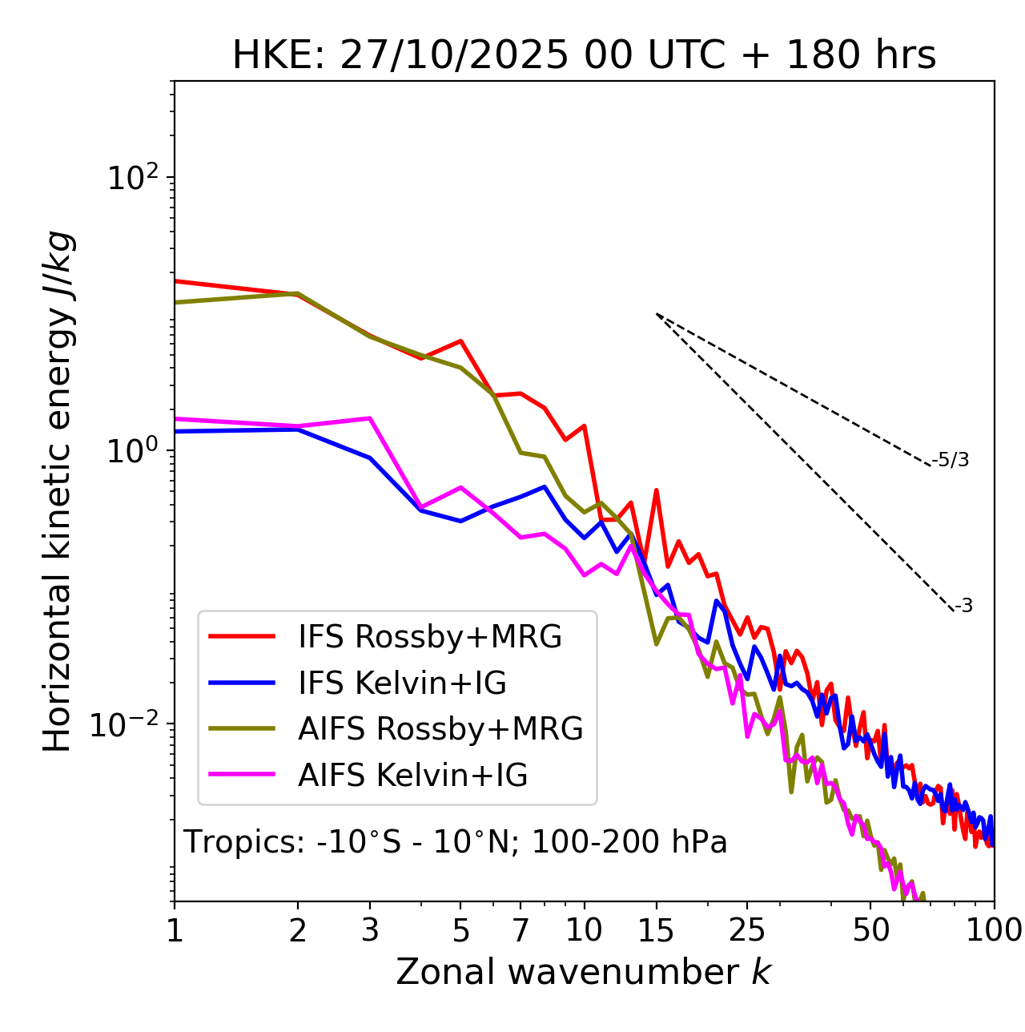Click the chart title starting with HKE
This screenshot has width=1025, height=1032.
click(584, 56)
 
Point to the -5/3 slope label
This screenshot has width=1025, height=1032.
click(951, 460)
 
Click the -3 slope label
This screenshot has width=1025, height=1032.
click(963, 606)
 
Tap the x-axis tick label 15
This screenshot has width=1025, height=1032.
click(656, 930)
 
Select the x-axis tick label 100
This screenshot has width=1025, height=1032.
click(995, 930)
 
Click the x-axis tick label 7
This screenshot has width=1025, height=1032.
click(521, 930)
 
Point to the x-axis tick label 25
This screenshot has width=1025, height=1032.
click(747, 930)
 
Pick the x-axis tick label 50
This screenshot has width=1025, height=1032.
click(870, 930)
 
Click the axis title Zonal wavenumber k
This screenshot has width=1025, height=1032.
click(584, 972)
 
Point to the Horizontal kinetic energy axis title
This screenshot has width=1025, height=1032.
click(58, 491)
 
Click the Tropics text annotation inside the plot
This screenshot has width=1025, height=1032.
click(456, 842)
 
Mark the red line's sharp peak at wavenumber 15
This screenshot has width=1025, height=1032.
click(656, 490)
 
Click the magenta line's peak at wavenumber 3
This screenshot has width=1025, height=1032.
click(369, 418)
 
